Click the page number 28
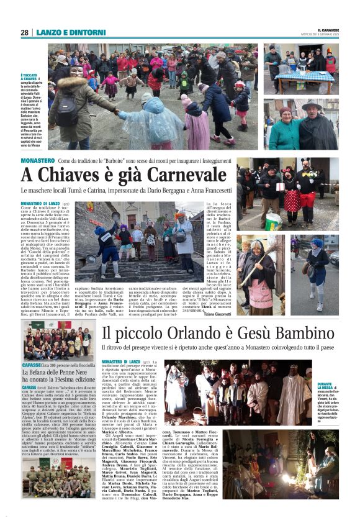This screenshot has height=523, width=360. click(24, 32)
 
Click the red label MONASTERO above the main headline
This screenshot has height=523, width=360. click(37, 160)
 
